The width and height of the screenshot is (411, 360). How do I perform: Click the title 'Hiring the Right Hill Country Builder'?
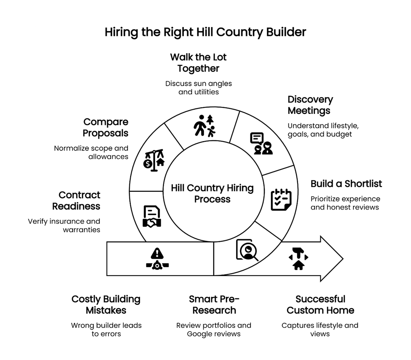click(x=205, y=32)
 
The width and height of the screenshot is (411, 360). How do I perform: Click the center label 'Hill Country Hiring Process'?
click(x=212, y=193)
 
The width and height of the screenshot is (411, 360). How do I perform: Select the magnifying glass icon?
click(x=247, y=250)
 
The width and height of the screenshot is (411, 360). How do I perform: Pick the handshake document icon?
click(x=151, y=217)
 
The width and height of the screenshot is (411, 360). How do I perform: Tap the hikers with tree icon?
click(x=204, y=125)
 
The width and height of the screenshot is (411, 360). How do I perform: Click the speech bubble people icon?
click(x=261, y=143)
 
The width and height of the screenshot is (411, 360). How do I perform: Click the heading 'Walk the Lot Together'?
click(x=198, y=62)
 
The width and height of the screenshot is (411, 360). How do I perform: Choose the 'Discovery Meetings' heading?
click(x=310, y=105)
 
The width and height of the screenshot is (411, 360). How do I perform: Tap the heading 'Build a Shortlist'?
click(x=346, y=184)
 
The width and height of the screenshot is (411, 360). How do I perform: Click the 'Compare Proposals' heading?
click(x=105, y=127)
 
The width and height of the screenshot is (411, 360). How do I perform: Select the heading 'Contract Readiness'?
click(x=76, y=201)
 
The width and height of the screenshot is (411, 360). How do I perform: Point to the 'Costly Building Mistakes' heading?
click(x=106, y=305)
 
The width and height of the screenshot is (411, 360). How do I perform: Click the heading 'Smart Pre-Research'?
click(x=214, y=305)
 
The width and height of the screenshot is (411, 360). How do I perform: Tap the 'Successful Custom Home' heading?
click(x=320, y=305)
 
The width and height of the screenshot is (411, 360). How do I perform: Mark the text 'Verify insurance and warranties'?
click(x=64, y=226)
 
